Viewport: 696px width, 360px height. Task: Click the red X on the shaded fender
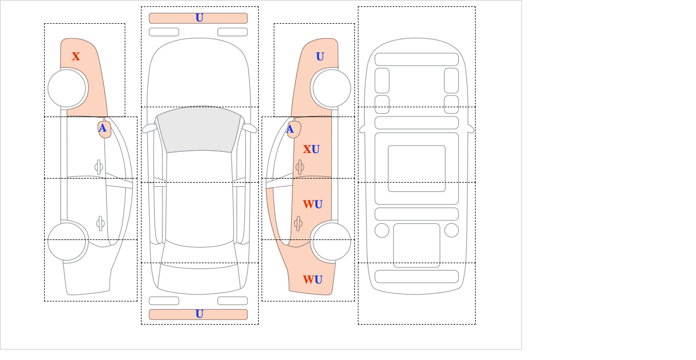76,56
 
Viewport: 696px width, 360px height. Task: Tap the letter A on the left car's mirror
103,128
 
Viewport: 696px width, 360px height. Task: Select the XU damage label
311,150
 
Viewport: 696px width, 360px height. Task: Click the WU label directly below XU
313,204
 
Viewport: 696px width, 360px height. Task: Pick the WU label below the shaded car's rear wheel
313,280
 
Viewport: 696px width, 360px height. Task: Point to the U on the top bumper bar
199,18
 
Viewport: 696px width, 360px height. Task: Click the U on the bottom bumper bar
199,314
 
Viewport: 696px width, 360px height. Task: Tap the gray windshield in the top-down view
198,129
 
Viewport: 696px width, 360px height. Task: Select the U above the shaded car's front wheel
320,56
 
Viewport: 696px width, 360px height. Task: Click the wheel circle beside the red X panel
67,88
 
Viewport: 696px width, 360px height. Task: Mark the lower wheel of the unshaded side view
67,242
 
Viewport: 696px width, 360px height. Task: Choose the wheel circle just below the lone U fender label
332,88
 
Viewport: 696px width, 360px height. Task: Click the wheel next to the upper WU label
332,242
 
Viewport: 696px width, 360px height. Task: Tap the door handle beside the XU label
300,167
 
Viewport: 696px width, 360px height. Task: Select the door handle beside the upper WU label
298,223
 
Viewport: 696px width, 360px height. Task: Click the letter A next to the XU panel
291,129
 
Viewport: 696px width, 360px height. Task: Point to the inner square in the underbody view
416,169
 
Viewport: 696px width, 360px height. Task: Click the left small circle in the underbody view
382,230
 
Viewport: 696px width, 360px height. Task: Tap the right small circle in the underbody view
451,230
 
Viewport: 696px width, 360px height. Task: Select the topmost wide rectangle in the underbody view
416,59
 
